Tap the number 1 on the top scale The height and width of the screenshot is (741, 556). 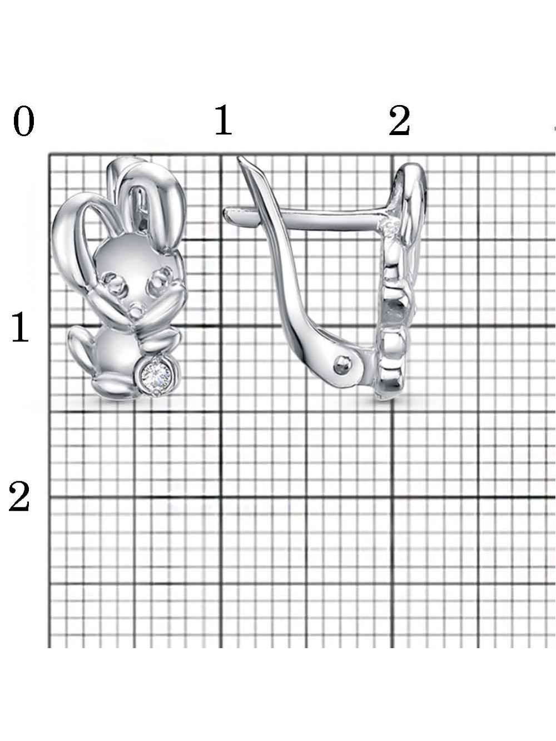coord(223,120)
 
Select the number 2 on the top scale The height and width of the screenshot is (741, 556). coord(399,121)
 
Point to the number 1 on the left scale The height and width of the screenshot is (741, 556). coord(20,327)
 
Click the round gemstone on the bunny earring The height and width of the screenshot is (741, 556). coord(156,374)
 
